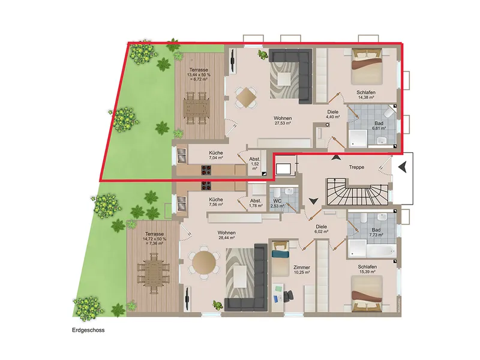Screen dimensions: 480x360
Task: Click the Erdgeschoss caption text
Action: click(x=88, y=330)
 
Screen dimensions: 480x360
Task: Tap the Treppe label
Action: click(x=356, y=167)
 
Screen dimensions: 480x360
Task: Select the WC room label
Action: click(x=277, y=201)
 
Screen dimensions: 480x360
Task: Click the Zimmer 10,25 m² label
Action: click(x=302, y=269)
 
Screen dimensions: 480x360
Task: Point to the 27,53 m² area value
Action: click(x=283, y=123)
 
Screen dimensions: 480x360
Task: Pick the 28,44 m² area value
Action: click(x=227, y=238)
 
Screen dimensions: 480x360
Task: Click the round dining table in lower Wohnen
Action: click(x=204, y=262)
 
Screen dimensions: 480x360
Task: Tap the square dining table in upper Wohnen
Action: click(x=246, y=97)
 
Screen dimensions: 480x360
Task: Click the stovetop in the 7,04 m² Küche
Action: click(x=206, y=170)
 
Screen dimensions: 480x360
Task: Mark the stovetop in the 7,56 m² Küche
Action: click(x=206, y=185)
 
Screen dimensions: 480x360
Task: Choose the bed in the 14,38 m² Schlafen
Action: click(x=367, y=67)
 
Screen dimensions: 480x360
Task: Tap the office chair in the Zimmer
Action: click(x=289, y=295)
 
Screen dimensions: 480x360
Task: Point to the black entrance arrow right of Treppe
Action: click(x=403, y=167)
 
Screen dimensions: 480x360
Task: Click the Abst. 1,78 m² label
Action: click(x=256, y=203)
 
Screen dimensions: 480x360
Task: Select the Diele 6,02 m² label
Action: click(x=321, y=229)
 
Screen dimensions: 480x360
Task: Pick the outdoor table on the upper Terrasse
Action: click(x=196, y=108)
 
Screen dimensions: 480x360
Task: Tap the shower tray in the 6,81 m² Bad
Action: click(x=358, y=139)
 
